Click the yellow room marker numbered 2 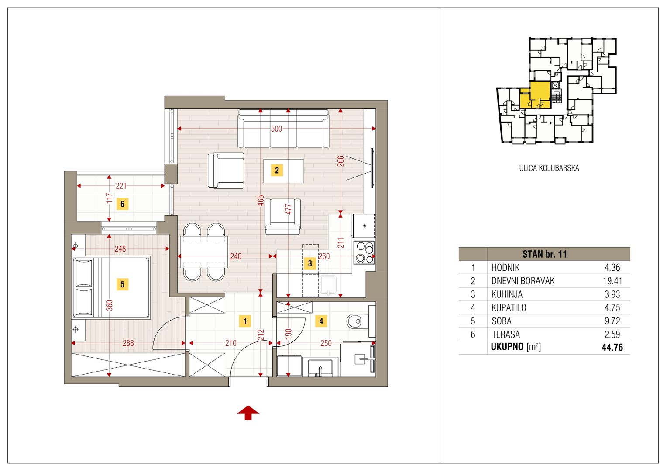(x=277, y=171)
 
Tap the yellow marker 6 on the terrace (x=122, y=205)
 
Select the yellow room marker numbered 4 (x=321, y=321)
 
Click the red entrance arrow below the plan (x=248, y=413)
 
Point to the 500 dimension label (x=276, y=129)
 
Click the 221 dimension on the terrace (x=121, y=186)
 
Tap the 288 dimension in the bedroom (x=128, y=343)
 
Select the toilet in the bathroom (x=358, y=321)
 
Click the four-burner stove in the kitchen (x=364, y=253)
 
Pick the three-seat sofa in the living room (x=283, y=129)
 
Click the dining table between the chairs (x=204, y=252)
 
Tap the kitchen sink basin (x=328, y=285)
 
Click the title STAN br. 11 (x=545, y=254)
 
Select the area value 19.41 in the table (x=612, y=281)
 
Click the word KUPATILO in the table (x=509, y=307)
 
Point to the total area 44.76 (x=612, y=347)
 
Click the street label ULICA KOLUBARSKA (x=549, y=168)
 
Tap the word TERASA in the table (x=505, y=334)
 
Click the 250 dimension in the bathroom (x=326, y=343)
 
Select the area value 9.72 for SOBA (x=612, y=321)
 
